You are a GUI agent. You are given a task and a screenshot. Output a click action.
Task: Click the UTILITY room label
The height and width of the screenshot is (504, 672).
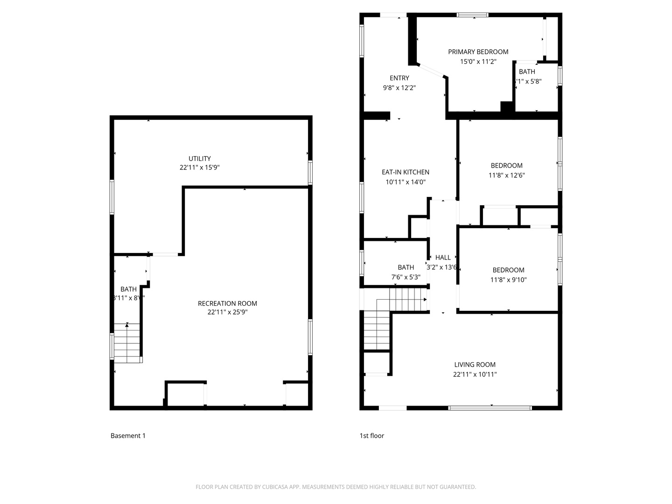pos(199,159)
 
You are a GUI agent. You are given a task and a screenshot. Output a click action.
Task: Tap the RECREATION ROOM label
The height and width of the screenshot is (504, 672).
pos(227,303)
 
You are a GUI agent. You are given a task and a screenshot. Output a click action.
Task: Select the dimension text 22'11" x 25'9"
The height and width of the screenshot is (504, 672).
pos(227,312)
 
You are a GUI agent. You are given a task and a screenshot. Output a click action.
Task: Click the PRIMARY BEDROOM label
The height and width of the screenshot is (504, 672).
pos(478,52)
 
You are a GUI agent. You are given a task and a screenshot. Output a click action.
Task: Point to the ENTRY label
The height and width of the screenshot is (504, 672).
pos(399,78)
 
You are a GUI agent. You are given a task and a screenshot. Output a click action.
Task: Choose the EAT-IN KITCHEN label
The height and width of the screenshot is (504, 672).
pos(405,172)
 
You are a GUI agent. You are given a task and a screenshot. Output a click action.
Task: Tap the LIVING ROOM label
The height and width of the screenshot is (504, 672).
pos(475,364)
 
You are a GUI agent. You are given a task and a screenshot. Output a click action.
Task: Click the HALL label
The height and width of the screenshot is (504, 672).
pos(443,257)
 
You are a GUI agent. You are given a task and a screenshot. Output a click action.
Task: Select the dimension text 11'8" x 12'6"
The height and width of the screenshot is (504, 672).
pos(506,175)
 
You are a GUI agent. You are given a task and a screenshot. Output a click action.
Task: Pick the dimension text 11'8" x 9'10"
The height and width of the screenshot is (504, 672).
pos(508,280)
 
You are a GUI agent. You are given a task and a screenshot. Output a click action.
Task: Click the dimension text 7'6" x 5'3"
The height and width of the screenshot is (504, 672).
pos(406,277)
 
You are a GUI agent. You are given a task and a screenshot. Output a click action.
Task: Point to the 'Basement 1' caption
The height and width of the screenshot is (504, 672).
pos(128,436)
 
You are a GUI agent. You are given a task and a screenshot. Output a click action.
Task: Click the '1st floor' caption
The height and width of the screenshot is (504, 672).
pos(371,436)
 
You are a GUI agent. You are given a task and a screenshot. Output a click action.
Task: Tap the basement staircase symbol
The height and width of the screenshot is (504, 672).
pos(127,343)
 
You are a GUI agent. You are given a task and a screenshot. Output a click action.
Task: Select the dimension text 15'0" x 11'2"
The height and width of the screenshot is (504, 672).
pos(478,62)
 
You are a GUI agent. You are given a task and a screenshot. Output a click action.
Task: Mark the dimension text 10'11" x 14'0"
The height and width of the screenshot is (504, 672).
pos(405,182)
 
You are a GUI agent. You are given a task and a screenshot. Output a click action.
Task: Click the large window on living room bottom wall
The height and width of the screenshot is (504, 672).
pos(490,408)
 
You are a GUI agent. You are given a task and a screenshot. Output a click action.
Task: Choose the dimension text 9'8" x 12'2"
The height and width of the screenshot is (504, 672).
pos(399,88)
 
